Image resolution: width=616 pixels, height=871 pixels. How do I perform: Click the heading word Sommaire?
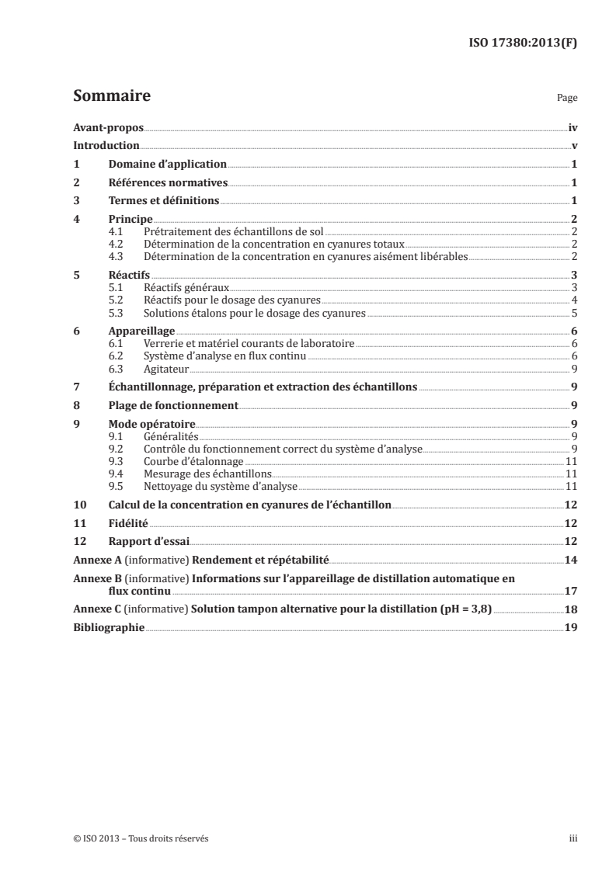[111, 97]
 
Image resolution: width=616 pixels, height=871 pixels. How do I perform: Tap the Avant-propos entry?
[107, 127]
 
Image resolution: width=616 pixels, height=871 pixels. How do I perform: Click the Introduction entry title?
[106, 146]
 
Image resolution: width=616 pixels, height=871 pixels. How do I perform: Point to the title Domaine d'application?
[167, 165]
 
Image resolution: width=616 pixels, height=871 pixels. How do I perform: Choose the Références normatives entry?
[168, 183]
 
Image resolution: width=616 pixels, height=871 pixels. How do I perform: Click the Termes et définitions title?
[164, 202]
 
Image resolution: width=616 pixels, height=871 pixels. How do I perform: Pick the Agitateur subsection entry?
[167, 368]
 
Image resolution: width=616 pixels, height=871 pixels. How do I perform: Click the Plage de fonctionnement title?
[172, 405]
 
